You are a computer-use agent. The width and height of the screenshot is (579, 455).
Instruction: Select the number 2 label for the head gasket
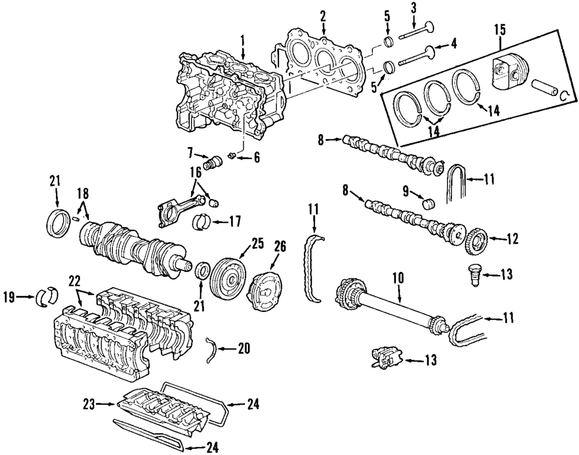(x=323, y=16)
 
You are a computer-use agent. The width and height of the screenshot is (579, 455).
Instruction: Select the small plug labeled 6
(x=232, y=155)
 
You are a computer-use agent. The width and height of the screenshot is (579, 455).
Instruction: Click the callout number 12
(x=511, y=238)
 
